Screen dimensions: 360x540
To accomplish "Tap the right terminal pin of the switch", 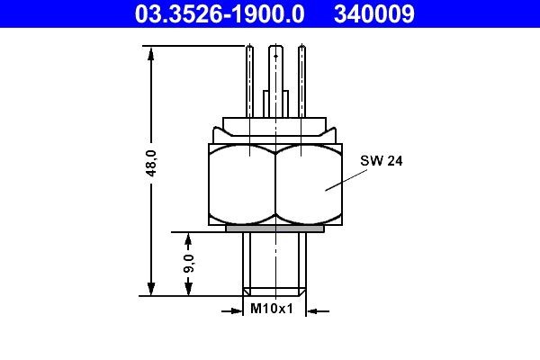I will tap(300, 81).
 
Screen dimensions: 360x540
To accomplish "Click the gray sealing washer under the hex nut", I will tap(274, 229).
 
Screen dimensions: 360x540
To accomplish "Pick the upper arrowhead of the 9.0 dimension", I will tap(188, 238).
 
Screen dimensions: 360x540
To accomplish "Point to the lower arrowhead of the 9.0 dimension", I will tap(188, 289).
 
